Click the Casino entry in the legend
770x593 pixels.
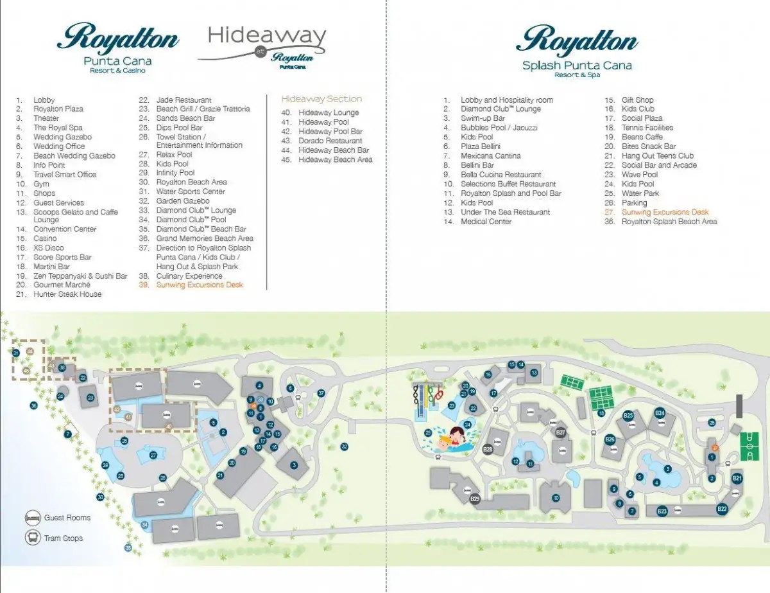[x=46, y=238]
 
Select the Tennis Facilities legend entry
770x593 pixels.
[x=647, y=127]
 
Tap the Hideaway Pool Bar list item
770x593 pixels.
[x=330, y=131]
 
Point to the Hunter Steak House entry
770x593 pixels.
[x=67, y=294]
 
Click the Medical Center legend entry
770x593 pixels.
[x=486, y=222]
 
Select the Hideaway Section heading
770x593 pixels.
[x=321, y=99]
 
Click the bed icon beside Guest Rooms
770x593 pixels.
[x=33, y=518]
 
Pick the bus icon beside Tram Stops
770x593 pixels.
[x=33, y=538]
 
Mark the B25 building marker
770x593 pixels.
[x=628, y=416]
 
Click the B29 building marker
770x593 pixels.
[x=475, y=499]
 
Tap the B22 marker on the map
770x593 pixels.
[x=722, y=509]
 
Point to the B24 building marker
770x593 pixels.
[x=659, y=413]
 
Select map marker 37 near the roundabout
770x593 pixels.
[x=321, y=393]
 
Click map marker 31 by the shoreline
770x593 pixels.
[x=15, y=353]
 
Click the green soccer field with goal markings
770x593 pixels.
[x=748, y=444]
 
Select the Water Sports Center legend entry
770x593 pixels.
[x=191, y=191]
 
